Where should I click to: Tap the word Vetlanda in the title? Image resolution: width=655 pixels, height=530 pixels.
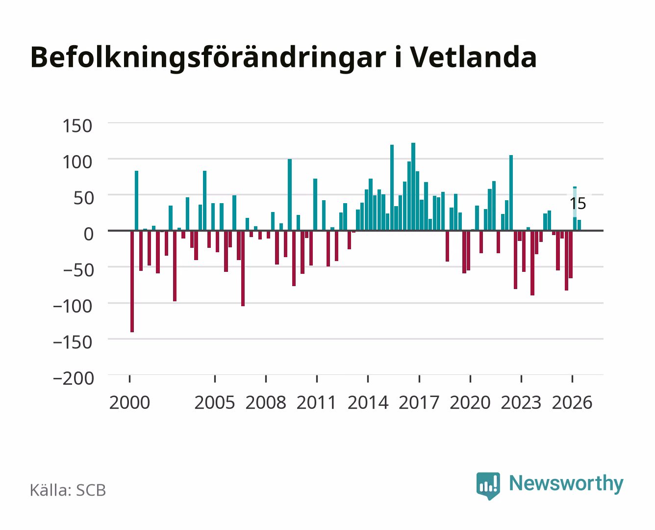pos(474,57)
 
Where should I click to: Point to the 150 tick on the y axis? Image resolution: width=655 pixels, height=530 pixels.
pos(77,126)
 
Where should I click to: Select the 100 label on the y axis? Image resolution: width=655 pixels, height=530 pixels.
pos(77,162)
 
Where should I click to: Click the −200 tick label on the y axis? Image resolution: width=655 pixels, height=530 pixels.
pos(74,378)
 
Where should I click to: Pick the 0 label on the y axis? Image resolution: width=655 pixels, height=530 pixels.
pos(89,234)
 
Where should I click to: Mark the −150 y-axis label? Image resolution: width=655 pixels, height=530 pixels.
pos(73,342)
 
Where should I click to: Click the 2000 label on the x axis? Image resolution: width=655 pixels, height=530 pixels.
pos(129,402)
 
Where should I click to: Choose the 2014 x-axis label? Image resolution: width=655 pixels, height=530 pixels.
pos(368,402)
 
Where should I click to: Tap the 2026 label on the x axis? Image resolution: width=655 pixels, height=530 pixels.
pos(572,402)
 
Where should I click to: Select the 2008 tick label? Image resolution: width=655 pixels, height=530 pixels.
pos(266,402)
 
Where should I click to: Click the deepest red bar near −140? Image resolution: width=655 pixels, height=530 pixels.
pos(132,281)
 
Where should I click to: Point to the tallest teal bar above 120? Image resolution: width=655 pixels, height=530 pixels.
pos(413,186)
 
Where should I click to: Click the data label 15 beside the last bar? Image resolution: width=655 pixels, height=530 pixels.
pos(578,204)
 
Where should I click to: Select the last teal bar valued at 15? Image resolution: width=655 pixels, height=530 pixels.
pos(579,225)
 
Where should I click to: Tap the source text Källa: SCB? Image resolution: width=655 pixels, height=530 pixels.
pos(68,490)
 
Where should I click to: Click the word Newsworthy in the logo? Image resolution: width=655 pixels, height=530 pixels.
pos(566,483)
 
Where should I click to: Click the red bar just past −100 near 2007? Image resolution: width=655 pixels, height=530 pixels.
pos(243,268)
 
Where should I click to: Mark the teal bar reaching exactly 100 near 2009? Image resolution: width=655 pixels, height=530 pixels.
pos(290,194)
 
